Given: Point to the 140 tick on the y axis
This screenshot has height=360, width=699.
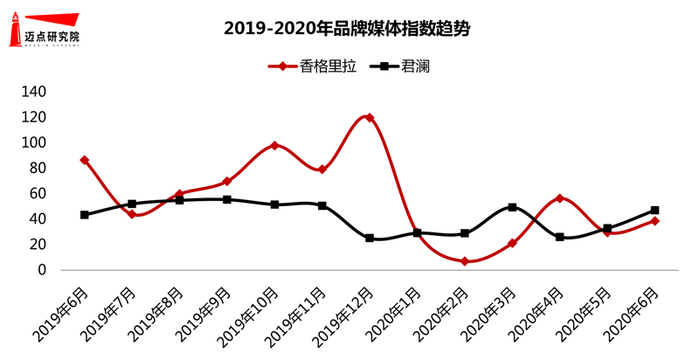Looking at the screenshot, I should click(32, 92).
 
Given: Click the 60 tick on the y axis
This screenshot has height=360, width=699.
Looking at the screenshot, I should click(36, 194).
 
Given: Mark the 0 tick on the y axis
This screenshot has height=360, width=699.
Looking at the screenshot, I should click(40, 271).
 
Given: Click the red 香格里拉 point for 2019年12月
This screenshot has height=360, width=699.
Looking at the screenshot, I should click(370, 117).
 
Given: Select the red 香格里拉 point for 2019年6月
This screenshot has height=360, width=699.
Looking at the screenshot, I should click(84, 160).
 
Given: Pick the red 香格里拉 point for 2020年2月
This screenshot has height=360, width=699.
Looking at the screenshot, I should click(465, 261).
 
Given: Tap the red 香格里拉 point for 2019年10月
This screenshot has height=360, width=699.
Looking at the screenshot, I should click(274, 145).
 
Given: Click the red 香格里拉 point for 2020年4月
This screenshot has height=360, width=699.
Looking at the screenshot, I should click(559, 198).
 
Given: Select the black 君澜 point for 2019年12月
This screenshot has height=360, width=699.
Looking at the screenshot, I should click(370, 238).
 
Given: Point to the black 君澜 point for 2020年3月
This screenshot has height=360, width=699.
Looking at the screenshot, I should click(512, 207).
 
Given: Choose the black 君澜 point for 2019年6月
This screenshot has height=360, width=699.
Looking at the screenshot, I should click(84, 214).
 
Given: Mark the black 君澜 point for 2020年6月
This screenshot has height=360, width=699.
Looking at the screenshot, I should click(654, 211).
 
